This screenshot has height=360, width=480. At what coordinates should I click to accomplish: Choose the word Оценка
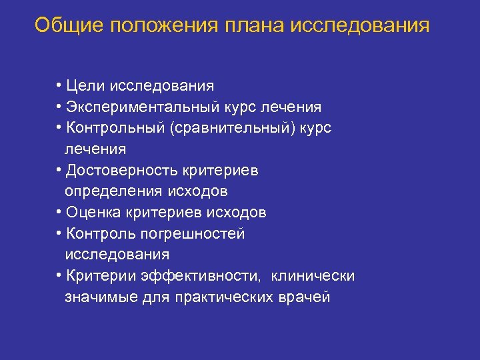pos(91,213)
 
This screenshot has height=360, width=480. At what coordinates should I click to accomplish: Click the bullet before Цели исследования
pos(59,85)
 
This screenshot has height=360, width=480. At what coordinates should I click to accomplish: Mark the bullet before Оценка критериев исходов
pos(59,212)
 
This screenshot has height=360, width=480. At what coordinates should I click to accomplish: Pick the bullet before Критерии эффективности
pos(59,275)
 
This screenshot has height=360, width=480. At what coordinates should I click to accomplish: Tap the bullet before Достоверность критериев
pos(59,170)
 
